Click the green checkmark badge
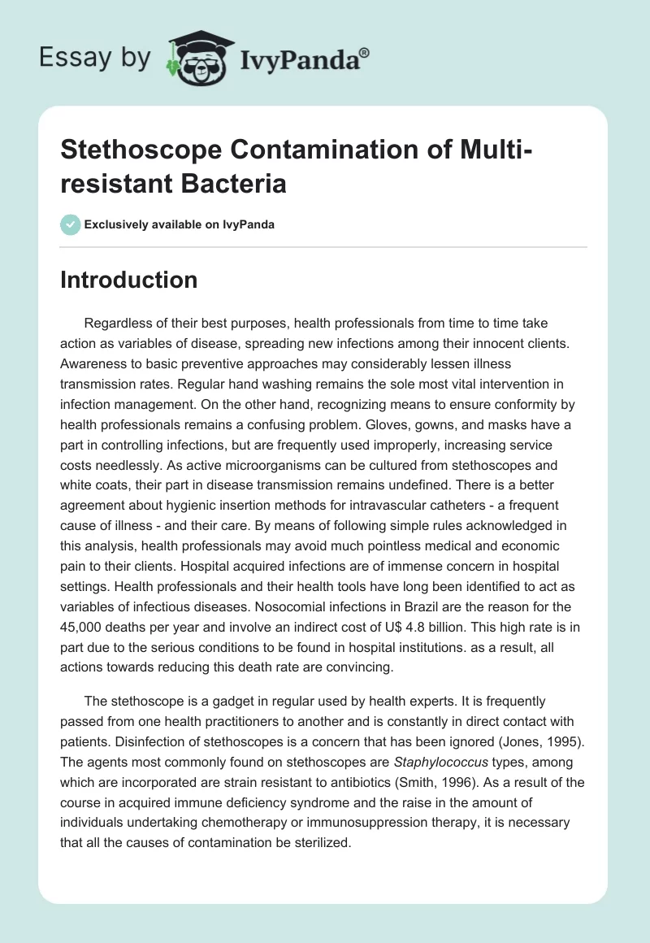pos(70,224)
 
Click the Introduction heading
pos(129,280)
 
